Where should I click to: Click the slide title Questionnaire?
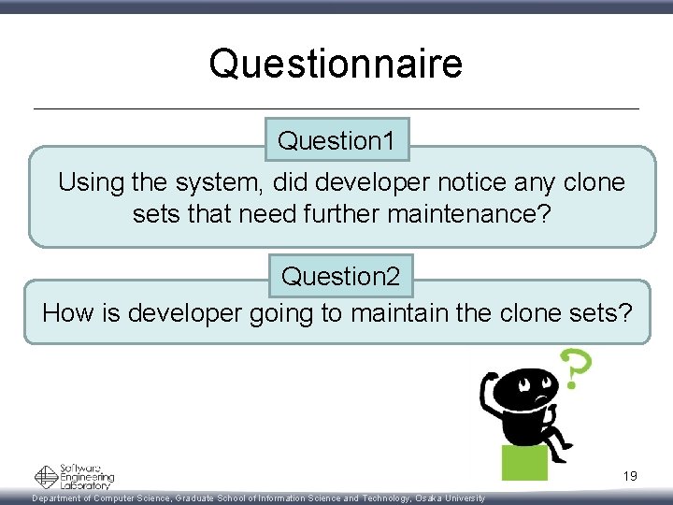(336, 64)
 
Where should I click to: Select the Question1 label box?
(336, 141)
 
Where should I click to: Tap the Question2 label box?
(340, 277)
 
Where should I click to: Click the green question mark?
(573, 369)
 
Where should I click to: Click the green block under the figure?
(524, 462)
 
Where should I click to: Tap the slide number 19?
(630, 476)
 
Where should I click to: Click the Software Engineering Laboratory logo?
(74, 476)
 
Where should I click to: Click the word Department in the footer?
(62, 498)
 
